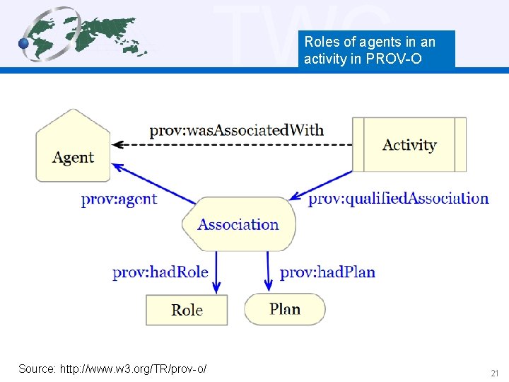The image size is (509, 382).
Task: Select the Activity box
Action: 409,144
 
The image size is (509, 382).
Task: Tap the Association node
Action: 238,224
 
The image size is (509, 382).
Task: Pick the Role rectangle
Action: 187,310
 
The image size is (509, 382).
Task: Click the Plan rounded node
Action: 285,309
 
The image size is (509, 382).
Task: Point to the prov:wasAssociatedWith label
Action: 236,130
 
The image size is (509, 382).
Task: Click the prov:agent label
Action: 119,199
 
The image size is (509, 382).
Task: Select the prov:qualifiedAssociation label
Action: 398,199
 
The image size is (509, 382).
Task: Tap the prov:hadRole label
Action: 160,272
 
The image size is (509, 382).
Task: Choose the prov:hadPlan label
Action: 327,272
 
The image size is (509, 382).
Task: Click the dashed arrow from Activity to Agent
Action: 233,144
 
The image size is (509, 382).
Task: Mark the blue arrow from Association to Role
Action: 216,272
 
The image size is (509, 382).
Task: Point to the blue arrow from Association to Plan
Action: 269,272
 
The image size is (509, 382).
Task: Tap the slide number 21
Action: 494,373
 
